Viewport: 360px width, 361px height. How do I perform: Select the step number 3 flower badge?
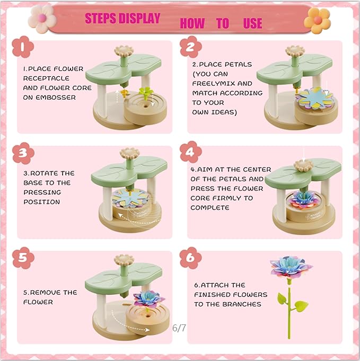tap(23, 153)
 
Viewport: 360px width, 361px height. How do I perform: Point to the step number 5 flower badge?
tap(23, 258)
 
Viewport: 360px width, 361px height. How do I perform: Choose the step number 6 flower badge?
tap(190, 258)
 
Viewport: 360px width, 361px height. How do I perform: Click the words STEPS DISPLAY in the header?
tap(122, 19)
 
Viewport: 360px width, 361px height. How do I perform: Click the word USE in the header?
tap(252, 23)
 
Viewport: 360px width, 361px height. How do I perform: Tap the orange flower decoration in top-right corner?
tap(317, 20)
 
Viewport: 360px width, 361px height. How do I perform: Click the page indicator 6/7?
tap(179, 328)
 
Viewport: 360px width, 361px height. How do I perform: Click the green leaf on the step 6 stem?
tap(301, 306)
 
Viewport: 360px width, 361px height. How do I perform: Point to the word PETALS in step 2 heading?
tap(237, 64)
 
